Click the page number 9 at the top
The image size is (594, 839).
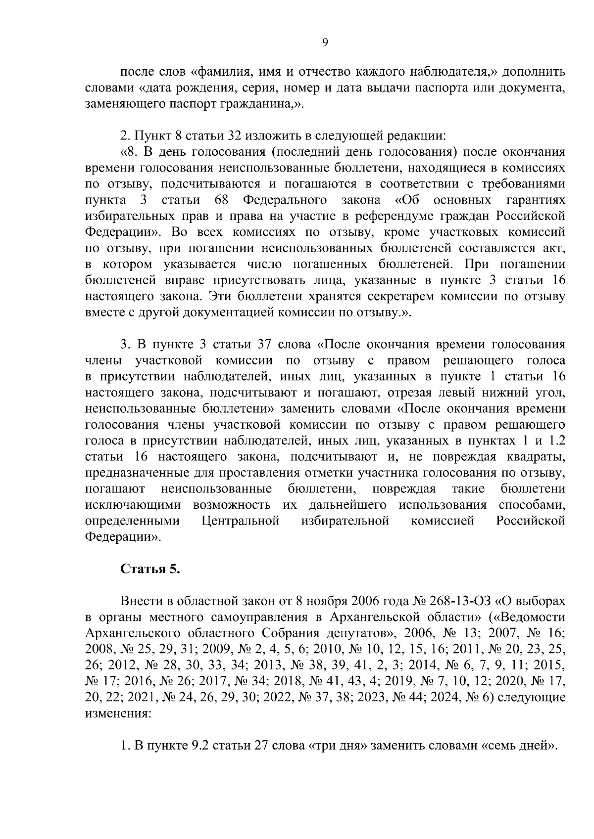(325, 43)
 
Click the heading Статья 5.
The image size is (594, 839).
(150, 569)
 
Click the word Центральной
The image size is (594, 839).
(241, 521)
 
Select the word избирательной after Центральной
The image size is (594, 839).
(345, 521)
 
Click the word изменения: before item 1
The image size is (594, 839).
(117, 713)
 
